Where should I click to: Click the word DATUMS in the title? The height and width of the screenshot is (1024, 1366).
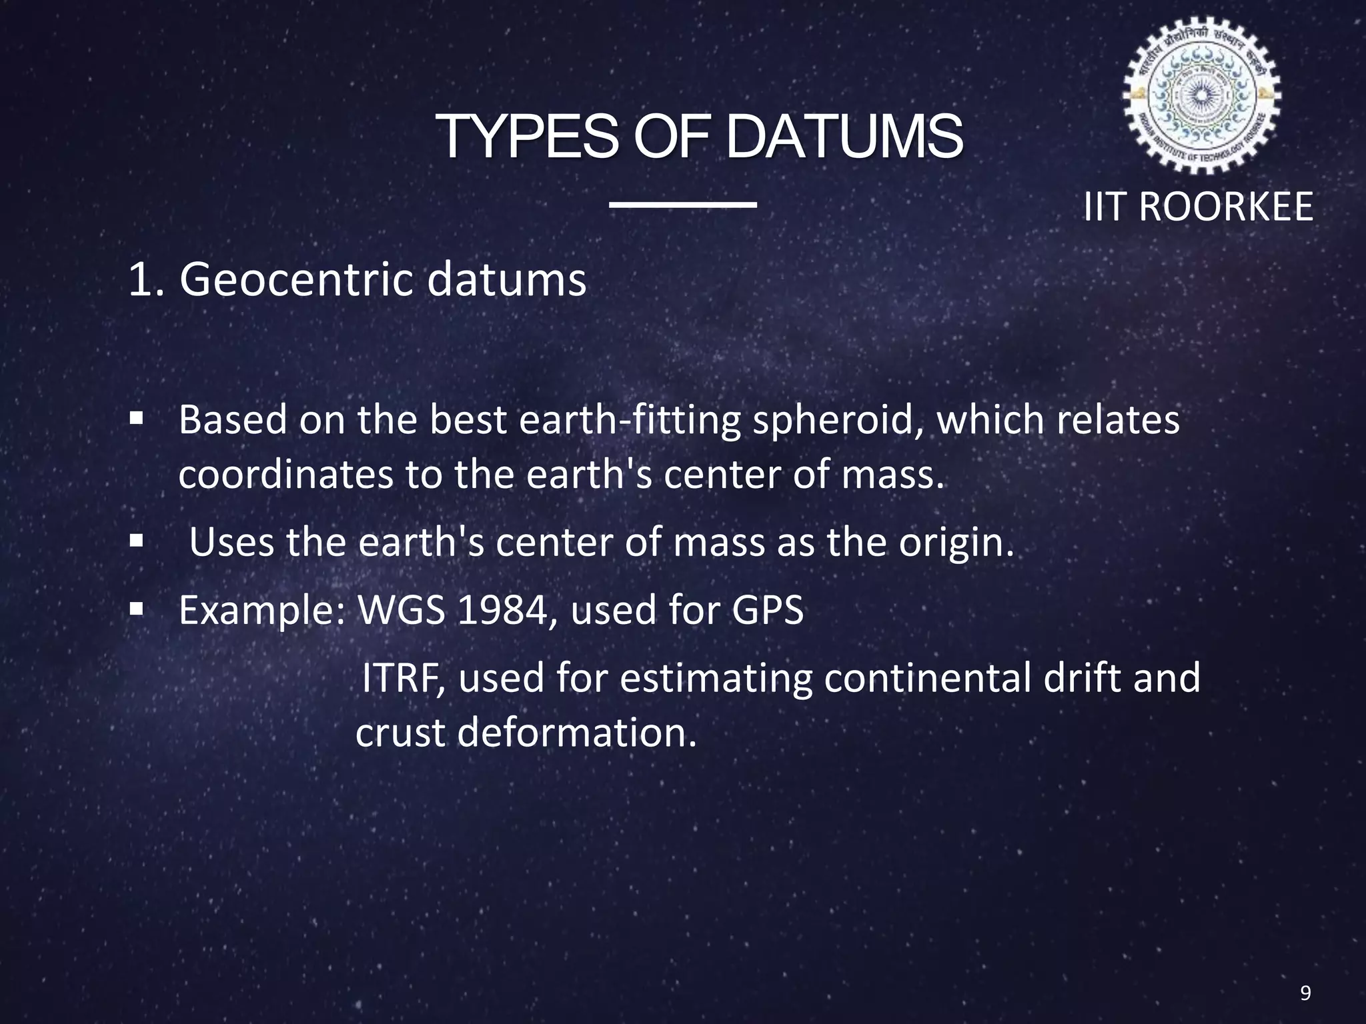click(844, 137)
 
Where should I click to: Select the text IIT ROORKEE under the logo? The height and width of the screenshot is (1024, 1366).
click(1198, 207)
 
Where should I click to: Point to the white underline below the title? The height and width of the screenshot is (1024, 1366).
click(683, 205)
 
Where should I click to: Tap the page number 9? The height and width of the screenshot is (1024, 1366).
click(1305, 993)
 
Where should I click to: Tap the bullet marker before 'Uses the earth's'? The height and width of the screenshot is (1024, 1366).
click(137, 541)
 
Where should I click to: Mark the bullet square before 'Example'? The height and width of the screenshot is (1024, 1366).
click(137, 608)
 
